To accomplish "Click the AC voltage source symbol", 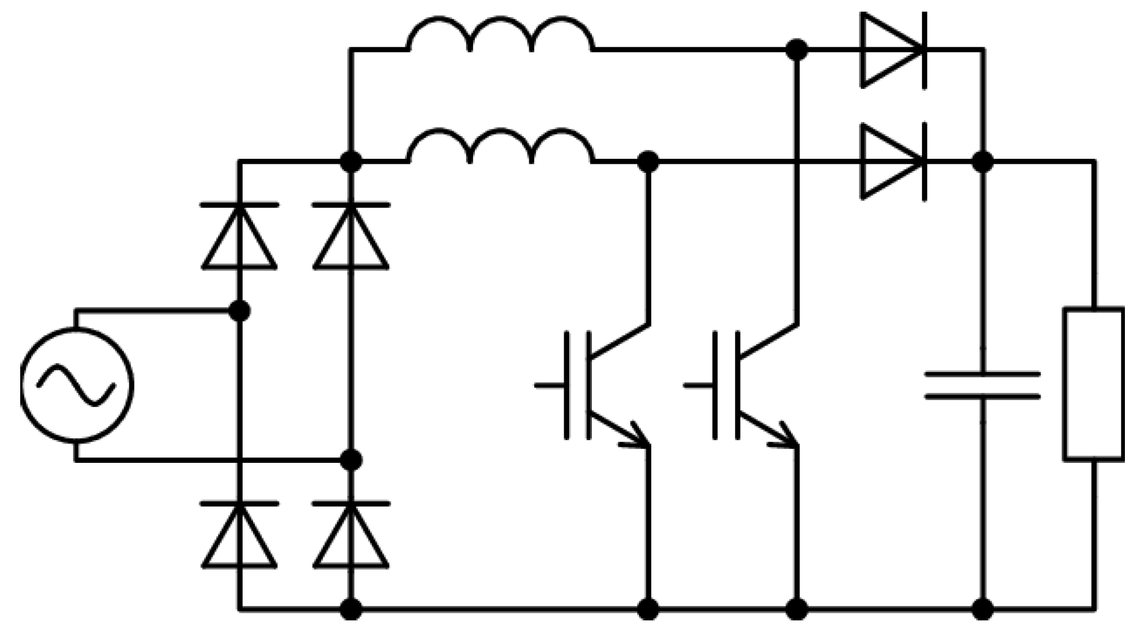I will point(77,385).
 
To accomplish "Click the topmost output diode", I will point(893,50).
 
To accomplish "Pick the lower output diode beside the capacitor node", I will point(893,162).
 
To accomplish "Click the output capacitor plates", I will point(982,385).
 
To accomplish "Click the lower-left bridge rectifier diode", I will point(240,535).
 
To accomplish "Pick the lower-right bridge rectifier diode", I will point(351,535).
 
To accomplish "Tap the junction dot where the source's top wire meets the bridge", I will point(240,311).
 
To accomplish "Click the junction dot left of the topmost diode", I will point(797,50).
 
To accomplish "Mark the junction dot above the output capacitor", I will point(983,162).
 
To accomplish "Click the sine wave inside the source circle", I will point(77,385).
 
